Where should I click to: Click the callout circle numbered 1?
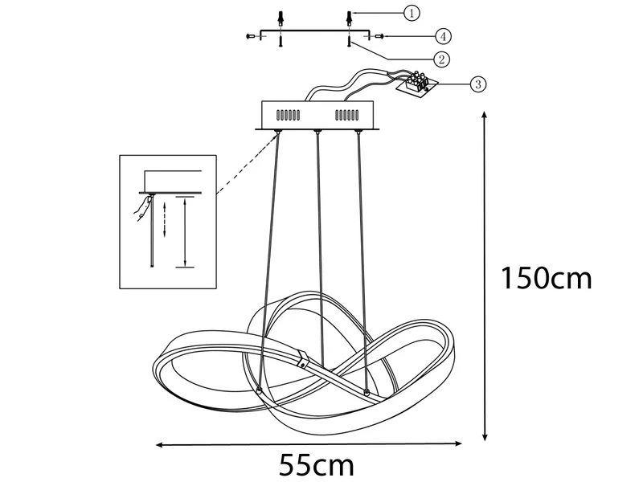[x=411, y=13]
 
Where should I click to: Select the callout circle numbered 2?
[x=440, y=59]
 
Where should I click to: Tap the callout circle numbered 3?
[x=477, y=83]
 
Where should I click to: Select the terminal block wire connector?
[x=417, y=84]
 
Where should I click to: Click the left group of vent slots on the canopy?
[x=287, y=114]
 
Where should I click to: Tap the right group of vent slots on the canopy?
[x=349, y=114]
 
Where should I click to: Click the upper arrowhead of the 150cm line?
[x=485, y=117]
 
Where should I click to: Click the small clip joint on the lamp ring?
[x=304, y=358]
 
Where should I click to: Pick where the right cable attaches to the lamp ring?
[x=367, y=391]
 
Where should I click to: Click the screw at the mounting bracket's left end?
[x=251, y=36]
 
